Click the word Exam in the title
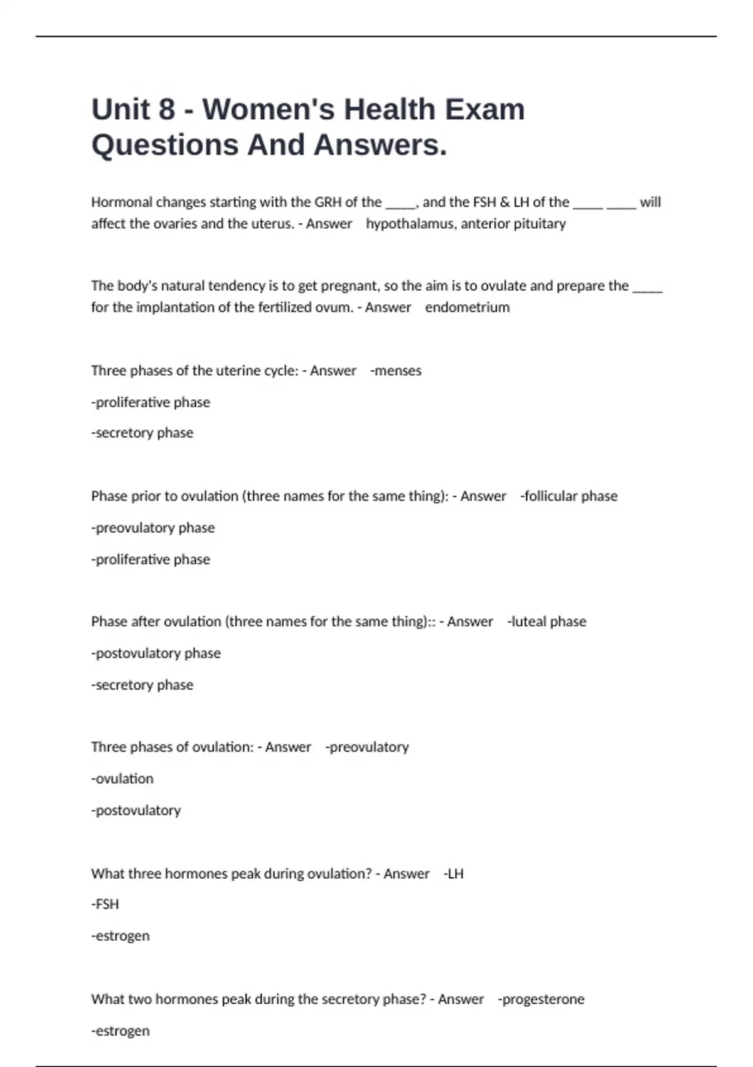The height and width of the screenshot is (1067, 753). click(485, 109)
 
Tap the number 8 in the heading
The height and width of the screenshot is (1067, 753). click(166, 109)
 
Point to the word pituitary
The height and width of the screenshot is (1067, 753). click(540, 224)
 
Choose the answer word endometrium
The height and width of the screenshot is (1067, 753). click(467, 308)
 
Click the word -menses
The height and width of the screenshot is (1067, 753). click(396, 371)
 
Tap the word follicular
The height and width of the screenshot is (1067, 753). click(550, 496)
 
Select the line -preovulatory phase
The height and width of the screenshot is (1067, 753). click(153, 528)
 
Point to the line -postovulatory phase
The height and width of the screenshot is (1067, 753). click(156, 653)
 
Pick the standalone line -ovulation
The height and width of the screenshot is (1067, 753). click(122, 779)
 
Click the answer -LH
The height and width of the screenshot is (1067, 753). click(453, 874)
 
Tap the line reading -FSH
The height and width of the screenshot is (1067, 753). click(105, 904)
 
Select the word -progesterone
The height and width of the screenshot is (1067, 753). click(541, 999)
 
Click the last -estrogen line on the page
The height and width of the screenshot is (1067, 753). click(120, 1031)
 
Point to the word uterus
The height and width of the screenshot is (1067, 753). click(274, 224)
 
